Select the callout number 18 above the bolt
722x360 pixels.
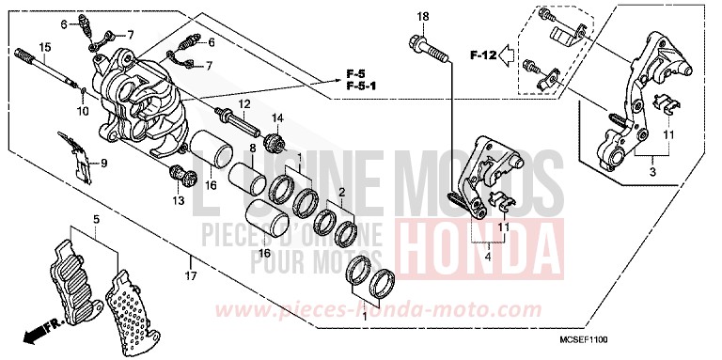point(422,18)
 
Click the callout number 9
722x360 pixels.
point(104,164)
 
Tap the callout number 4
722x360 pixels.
point(487,254)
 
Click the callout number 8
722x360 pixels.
point(252,149)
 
